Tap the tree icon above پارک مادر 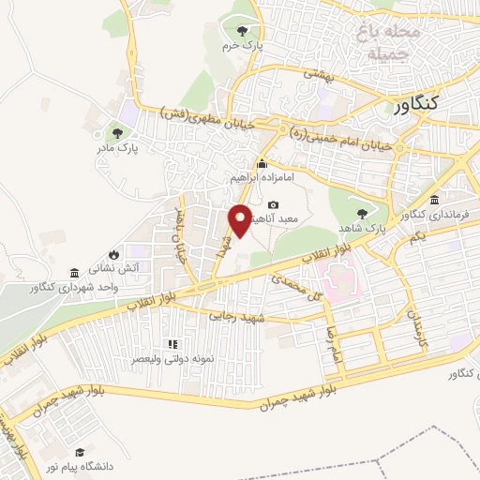point(117,133)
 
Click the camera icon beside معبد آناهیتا point(273,204)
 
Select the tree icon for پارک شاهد point(362,213)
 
